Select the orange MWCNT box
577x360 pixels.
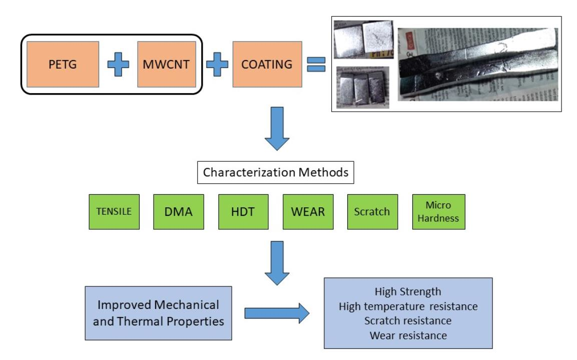[x=166, y=64]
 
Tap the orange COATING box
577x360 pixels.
[x=267, y=64]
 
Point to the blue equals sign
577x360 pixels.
[x=316, y=64]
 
